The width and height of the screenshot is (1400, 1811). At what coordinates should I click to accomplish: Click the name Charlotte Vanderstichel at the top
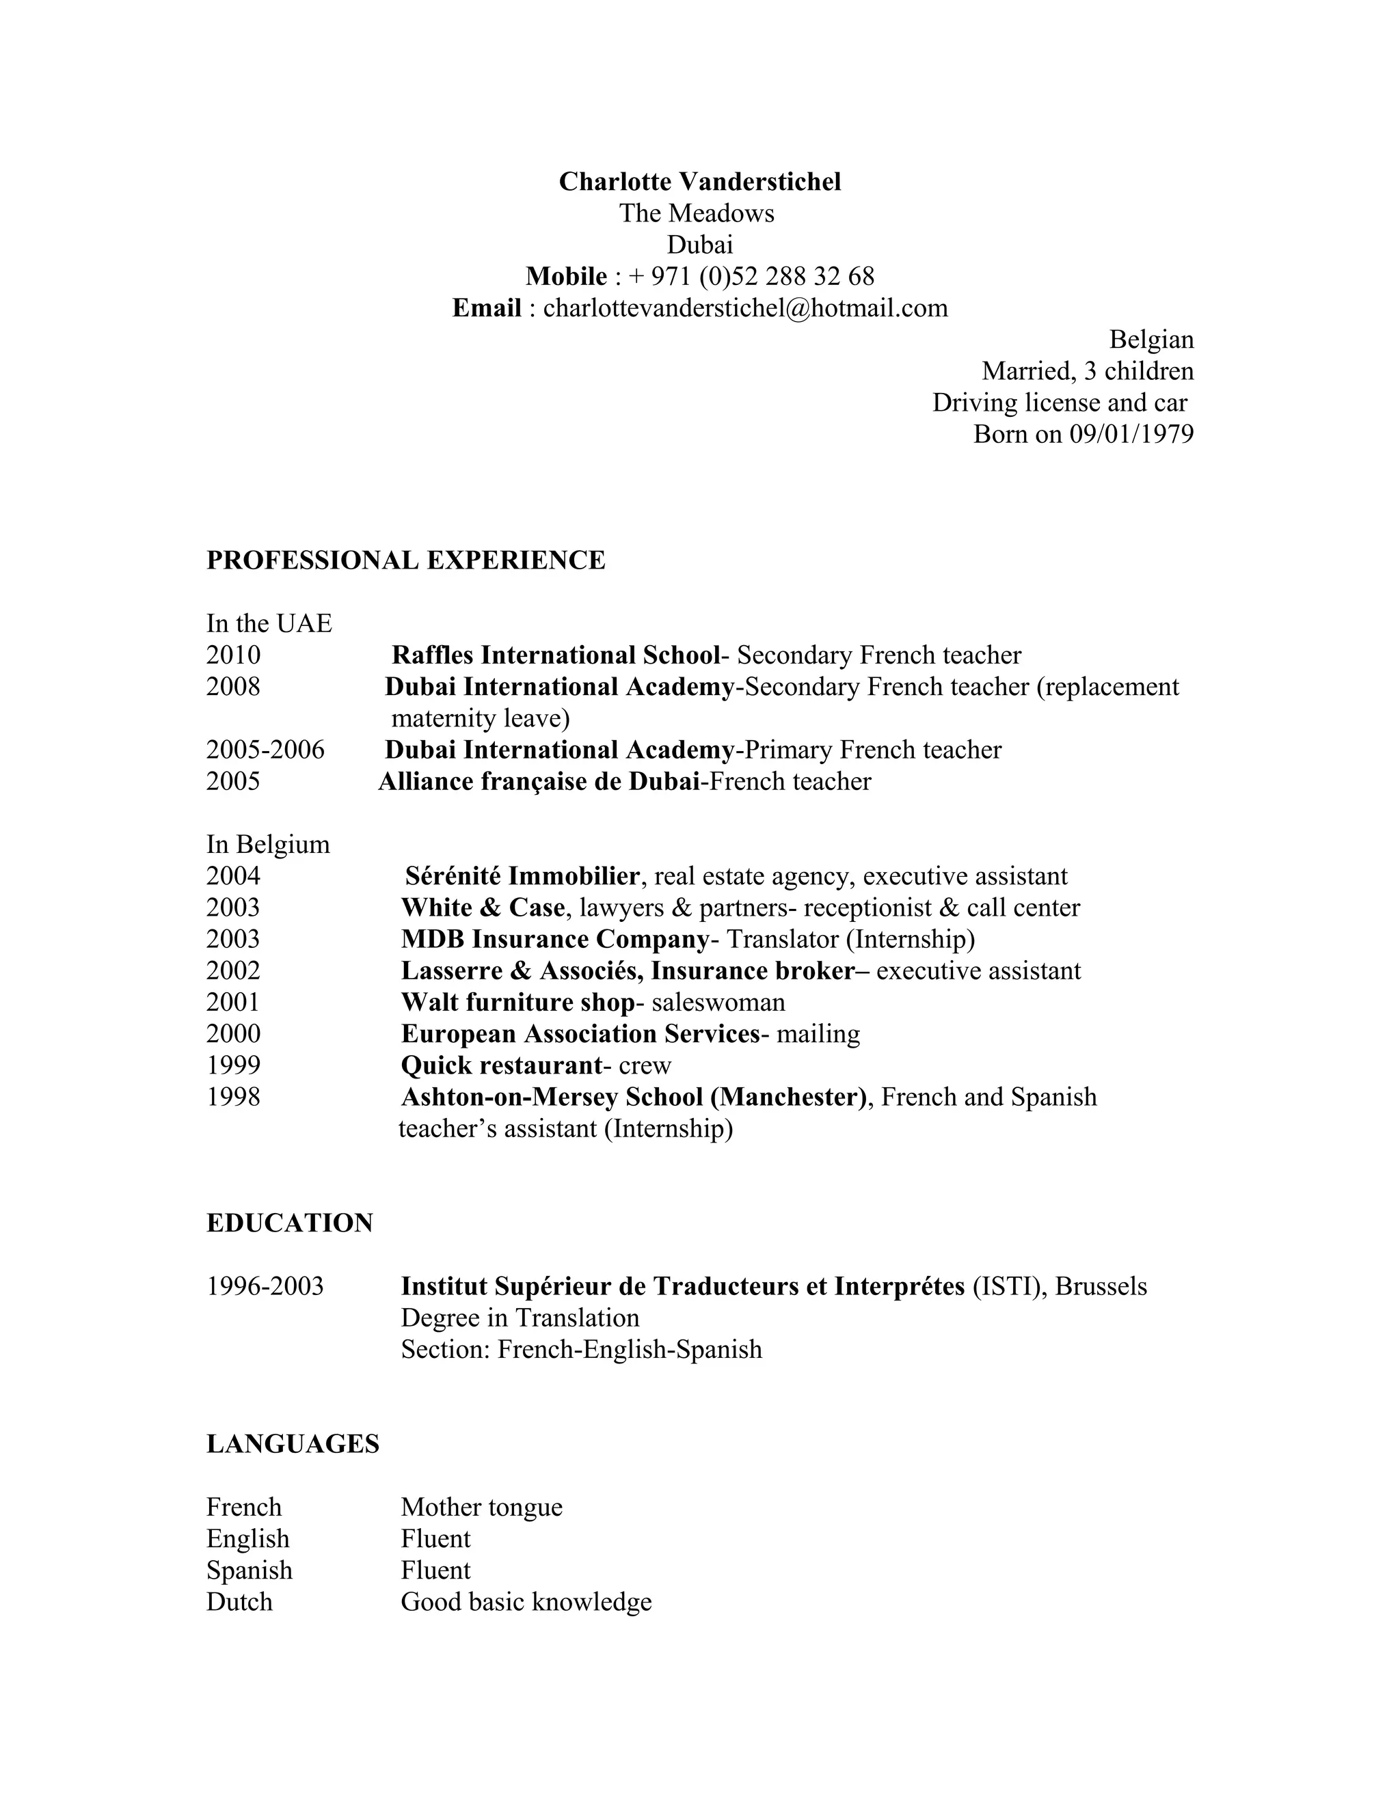(x=699, y=182)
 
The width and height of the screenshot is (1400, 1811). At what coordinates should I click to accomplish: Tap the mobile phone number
(x=751, y=276)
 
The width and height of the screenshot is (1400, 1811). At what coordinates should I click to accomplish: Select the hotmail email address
(x=745, y=308)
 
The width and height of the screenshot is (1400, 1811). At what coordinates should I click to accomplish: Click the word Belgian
(x=1151, y=339)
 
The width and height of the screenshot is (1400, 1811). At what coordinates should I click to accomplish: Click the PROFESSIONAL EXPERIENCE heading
(x=405, y=560)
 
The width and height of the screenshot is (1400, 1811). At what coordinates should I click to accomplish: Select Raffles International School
(x=555, y=655)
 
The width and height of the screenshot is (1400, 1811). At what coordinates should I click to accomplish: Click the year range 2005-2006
(x=265, y=750)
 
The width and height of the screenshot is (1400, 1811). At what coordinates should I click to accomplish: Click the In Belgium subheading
(x=268, y=844)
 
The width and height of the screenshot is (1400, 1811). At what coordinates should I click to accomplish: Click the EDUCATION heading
(x=289, y=1223)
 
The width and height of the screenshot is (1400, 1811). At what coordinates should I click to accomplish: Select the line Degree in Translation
(x=520, y=1318)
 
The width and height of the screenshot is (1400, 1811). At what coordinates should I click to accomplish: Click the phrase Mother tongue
(x=481, y=1507)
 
